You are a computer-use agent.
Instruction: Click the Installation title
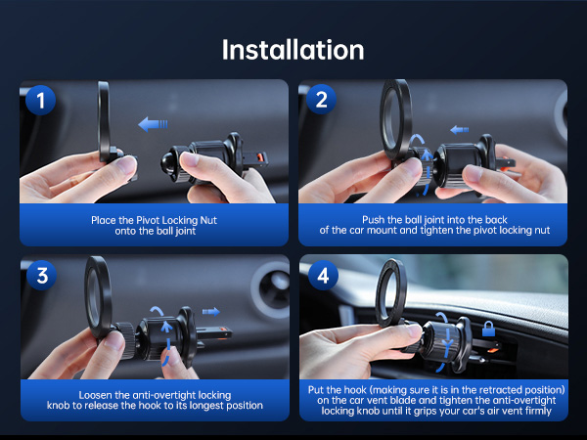293,50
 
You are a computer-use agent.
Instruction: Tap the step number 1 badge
40,100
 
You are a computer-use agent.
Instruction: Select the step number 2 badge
321,99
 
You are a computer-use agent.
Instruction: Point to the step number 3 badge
41,276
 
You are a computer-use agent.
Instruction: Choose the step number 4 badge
323,276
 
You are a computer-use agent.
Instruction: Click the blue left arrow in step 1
153,124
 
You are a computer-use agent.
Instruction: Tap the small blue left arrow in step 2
460,130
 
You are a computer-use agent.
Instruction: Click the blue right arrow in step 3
211,311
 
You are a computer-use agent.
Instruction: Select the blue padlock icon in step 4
488,329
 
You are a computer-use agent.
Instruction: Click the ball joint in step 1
170,162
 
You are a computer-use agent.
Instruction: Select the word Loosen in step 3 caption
95,395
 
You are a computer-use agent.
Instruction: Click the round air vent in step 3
270,289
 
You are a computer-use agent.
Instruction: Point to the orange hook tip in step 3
225,330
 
